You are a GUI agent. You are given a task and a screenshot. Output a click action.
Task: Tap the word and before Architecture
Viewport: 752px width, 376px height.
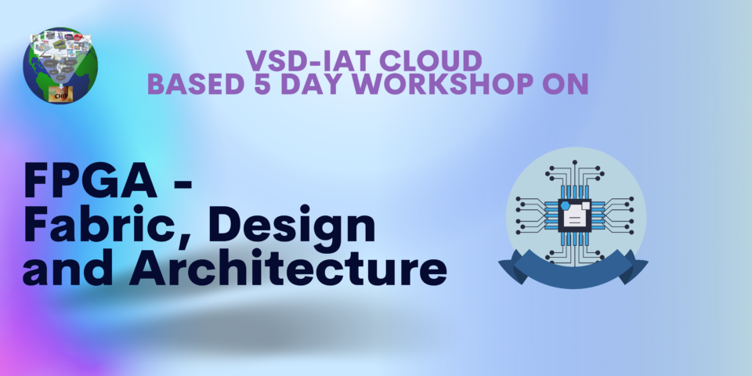(70, 269)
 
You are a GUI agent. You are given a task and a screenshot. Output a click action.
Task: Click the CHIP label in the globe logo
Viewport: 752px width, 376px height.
(60, 95)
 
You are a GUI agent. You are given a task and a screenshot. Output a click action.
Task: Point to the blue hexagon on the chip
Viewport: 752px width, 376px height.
(565, 205)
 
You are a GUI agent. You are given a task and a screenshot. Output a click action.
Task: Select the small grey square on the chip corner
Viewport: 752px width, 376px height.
(586, 204)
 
